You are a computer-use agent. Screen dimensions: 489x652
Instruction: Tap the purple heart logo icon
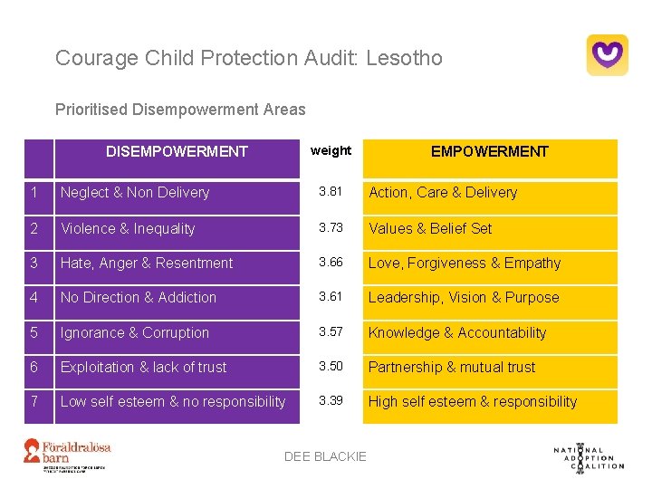(607, 55)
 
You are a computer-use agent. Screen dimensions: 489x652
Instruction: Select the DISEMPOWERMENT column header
(177, 152)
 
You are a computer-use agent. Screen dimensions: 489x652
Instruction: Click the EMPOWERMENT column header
(489, 152)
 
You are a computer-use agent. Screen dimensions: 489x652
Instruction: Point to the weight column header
(331, 150)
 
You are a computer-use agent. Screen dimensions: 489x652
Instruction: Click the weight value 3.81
(331, 192)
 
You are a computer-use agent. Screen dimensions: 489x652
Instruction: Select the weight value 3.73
(331, 228)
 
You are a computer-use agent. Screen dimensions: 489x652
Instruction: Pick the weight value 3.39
(331, 401)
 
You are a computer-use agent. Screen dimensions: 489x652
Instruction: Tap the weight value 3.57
(331, 332)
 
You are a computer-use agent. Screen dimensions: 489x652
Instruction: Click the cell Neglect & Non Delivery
(135, 193)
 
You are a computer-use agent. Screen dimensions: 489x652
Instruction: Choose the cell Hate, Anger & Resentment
(147, 264)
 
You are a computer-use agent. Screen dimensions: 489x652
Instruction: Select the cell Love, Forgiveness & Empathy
(465, 264)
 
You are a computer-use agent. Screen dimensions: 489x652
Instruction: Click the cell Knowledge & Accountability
(457, 333)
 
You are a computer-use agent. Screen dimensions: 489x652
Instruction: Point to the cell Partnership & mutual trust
(452, 368)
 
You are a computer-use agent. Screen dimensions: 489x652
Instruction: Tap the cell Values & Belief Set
(430, 229)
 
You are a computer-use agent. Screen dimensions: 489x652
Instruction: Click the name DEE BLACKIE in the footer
(325, 456)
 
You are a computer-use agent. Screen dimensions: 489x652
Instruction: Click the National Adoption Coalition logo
(588, 456)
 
